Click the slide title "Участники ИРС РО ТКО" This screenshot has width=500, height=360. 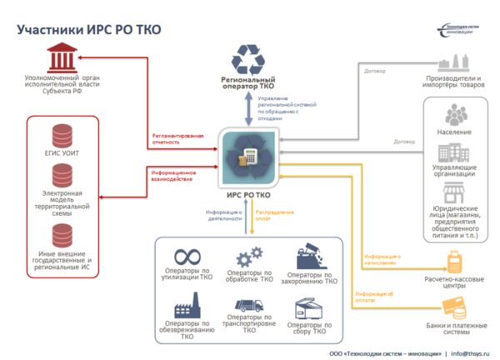89,30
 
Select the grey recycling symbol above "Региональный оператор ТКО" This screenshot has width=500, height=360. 249,60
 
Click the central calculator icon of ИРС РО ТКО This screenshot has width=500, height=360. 249,156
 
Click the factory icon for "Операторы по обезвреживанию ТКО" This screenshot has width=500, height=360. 186,301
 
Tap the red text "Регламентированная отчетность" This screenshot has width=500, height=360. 177,138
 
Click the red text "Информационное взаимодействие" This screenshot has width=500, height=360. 173,176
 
